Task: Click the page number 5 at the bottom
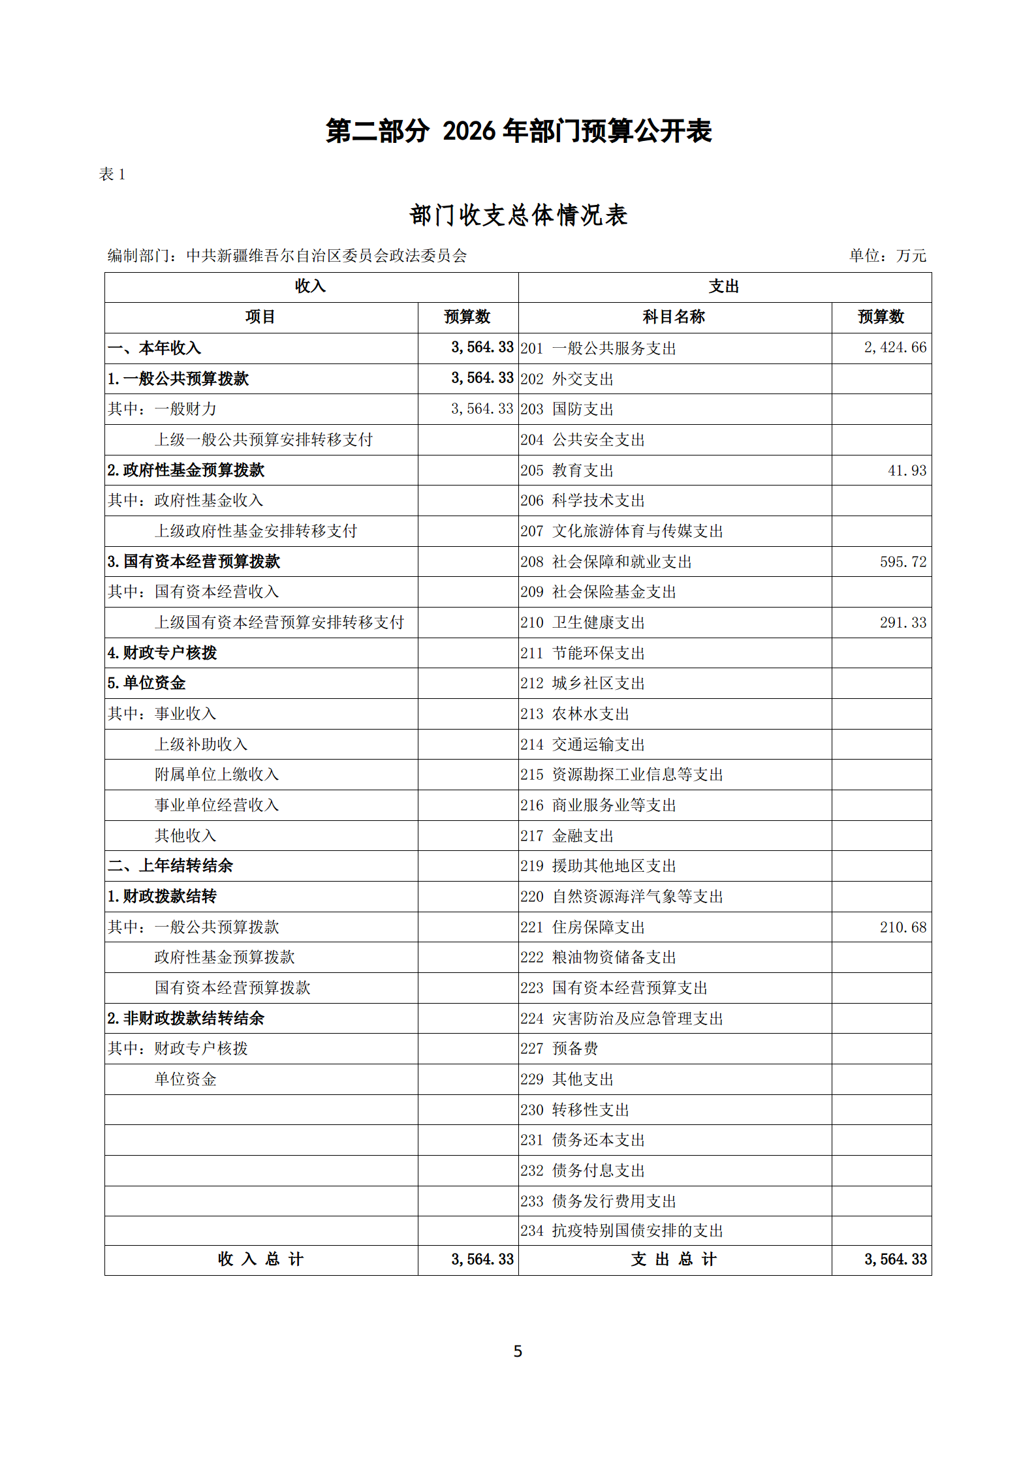click(518, 1351)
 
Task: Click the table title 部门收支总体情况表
click(518, 215)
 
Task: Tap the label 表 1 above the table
click(112, 174)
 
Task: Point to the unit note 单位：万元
click(887, 256)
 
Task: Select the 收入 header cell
click(311, 286)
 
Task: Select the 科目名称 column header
click(674, 317)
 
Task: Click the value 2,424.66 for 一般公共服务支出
click(895, 348)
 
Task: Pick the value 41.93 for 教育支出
click(907, 470)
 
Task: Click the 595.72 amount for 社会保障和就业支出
click(903, 562)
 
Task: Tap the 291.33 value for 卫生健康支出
click(903, 623)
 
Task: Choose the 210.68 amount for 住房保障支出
click(903, 927)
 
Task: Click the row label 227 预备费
click(559, 1049)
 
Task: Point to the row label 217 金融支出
click(567, 836)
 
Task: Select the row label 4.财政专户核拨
click(162, 653)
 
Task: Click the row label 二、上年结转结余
click(170, 866)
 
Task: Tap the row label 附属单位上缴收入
click(217, 775)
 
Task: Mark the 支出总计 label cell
click(674, 1259)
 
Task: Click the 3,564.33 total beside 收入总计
click(482, 1259)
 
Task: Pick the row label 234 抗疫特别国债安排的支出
click(621, 1231)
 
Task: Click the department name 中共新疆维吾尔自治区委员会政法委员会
click(326, 256)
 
